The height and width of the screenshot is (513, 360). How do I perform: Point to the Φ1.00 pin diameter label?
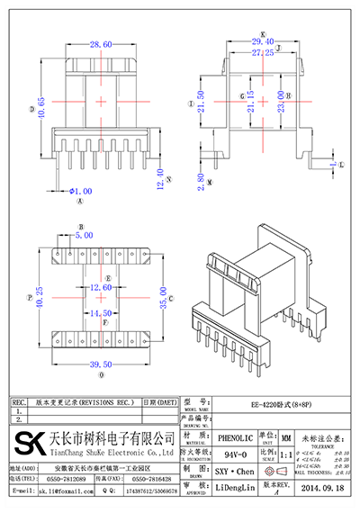80,191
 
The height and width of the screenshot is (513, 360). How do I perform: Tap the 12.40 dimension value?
161,178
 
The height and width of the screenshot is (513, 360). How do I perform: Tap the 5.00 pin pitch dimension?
83,235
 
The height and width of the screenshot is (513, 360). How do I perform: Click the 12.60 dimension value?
100,287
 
